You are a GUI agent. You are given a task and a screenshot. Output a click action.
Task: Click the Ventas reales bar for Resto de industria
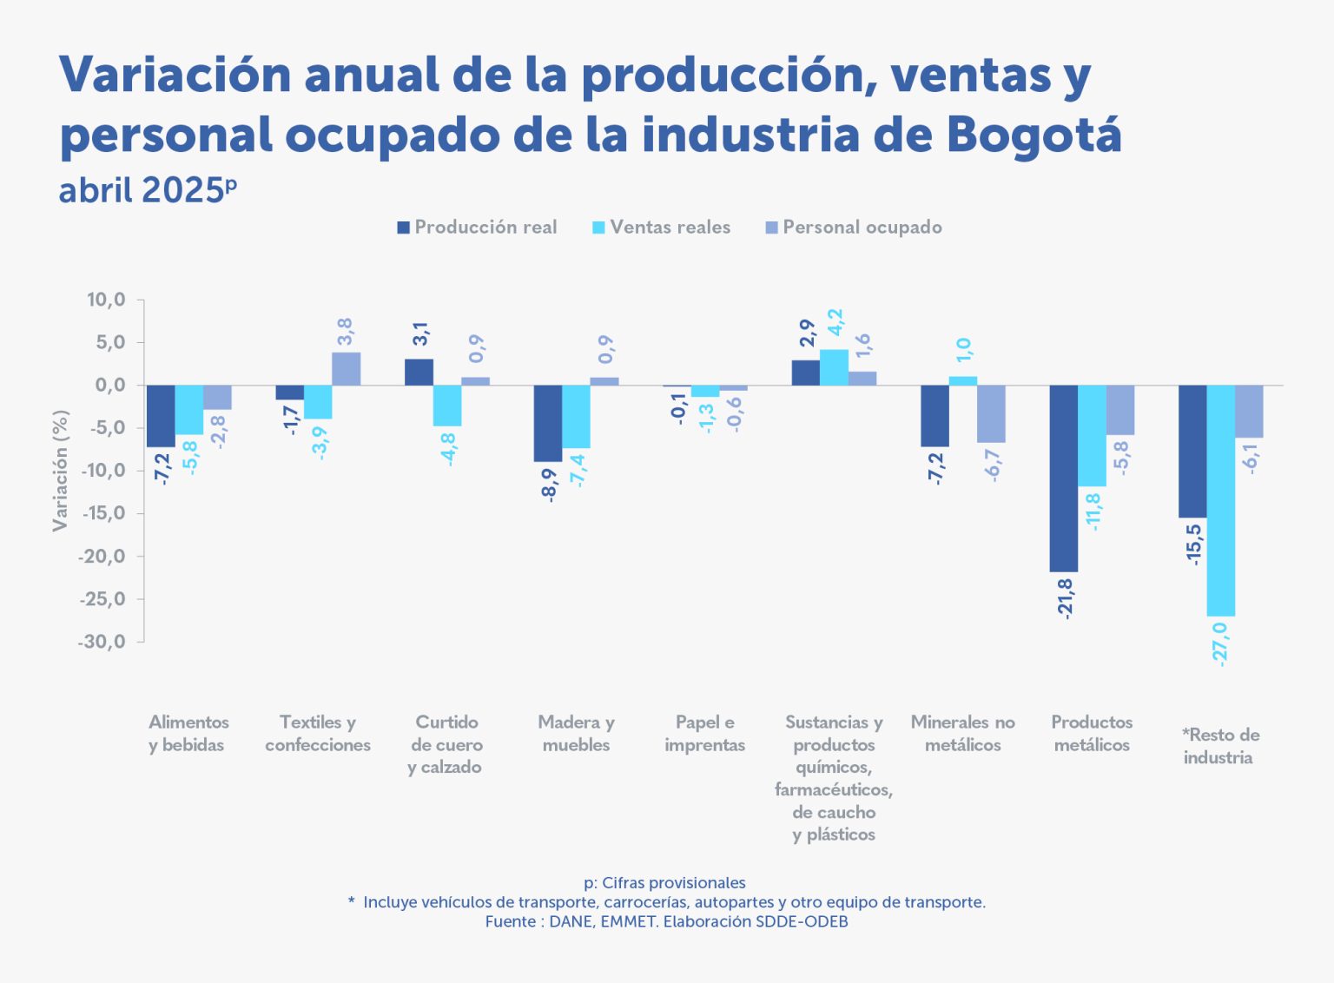(1220, 500)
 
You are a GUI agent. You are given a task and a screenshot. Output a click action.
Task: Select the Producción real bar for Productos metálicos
(1063, 478)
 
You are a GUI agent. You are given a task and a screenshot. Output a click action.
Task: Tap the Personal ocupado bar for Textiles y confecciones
(346, 368)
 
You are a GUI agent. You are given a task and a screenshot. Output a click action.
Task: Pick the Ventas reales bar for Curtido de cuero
(446, 406)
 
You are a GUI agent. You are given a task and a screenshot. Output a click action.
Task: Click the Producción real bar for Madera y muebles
(547, 423)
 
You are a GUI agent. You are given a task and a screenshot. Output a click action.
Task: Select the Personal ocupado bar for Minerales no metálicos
(991, 413)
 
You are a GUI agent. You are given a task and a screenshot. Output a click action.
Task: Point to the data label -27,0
(1220, 643)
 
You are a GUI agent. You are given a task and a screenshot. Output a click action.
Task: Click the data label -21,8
(1065, 597)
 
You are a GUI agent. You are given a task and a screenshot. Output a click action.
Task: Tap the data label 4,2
(835, 322)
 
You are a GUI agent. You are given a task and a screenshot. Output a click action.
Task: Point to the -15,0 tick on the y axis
(103, 513)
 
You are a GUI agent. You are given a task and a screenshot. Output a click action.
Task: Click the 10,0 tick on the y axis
(106, 300)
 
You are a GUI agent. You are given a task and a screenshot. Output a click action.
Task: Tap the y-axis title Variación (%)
(60, 470)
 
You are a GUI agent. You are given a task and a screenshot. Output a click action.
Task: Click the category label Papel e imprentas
(704, 734)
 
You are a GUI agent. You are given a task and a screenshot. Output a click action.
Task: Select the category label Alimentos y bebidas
(188, 734)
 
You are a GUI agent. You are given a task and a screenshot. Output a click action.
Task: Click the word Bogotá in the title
(1034, 135)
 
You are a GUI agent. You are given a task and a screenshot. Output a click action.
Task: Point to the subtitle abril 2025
(142, 190)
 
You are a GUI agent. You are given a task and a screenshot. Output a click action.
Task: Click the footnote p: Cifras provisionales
(665, 883)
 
